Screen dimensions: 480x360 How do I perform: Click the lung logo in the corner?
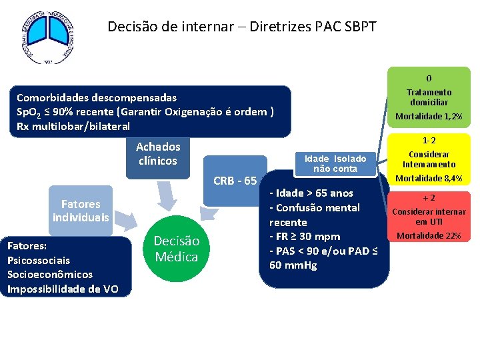45,37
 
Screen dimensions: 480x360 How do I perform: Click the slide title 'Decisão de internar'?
242,27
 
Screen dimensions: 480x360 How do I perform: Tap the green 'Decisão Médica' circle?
176,249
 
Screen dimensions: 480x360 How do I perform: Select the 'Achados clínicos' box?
158,153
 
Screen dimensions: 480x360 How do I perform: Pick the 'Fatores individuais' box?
81,211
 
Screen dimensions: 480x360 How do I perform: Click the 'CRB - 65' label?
235,181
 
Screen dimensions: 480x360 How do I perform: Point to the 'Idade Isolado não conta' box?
335,163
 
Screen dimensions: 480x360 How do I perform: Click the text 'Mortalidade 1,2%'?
429,117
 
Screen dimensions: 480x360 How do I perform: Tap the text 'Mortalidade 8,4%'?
429,178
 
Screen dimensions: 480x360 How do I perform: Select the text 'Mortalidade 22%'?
429,235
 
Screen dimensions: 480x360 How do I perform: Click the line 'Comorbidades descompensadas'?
97,97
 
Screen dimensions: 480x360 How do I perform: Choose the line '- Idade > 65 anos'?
311,193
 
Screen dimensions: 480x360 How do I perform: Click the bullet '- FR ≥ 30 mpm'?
304,237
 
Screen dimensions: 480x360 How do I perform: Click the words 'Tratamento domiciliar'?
429,97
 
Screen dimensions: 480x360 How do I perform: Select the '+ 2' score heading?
429,198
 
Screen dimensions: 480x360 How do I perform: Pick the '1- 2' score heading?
429,141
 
